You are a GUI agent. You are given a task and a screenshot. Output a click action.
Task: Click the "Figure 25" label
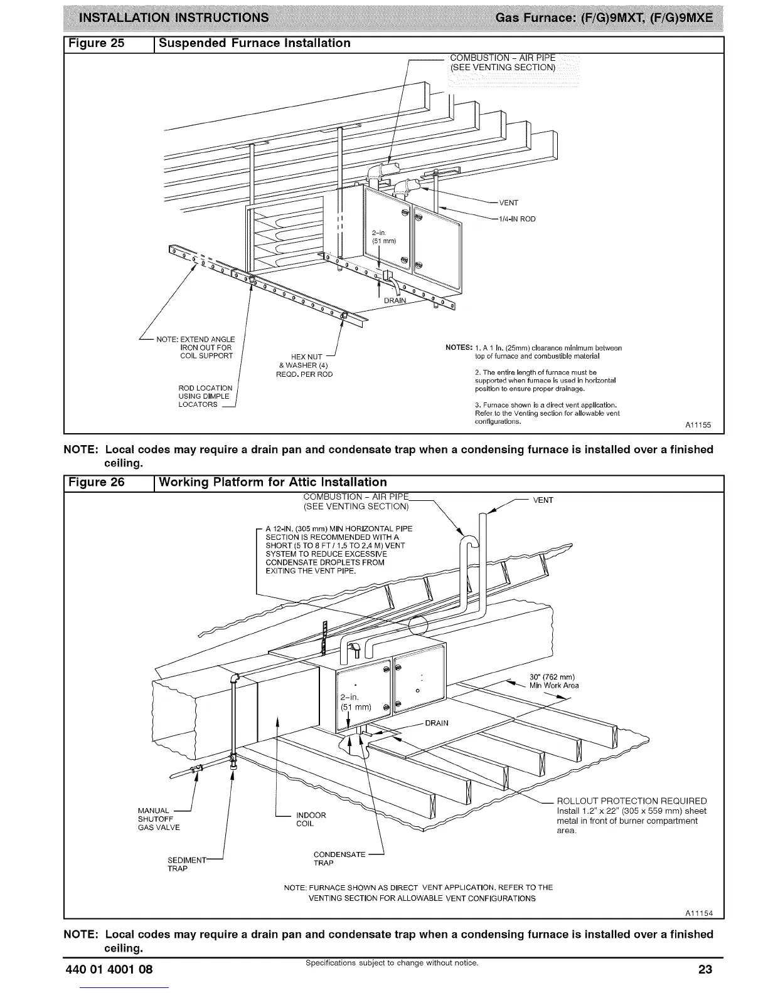tap(100, 43)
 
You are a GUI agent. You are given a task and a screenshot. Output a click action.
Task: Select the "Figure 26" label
tap(100, 482)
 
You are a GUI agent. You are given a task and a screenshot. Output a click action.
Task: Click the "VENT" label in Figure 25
tap(508, 202)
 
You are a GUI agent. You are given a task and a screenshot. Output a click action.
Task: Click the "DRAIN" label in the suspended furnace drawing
tap(395, 300)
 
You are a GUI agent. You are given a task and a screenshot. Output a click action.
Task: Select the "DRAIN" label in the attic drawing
tap(437, 723)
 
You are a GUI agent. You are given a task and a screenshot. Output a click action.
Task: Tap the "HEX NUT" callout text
tap(307, 357)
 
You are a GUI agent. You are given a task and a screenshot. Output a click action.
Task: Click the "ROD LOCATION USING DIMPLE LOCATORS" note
tap(205, 396)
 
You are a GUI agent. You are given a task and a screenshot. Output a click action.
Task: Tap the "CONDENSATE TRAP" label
tap(339, 859)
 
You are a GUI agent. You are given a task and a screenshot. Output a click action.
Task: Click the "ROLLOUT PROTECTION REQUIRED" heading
tap(631, 801)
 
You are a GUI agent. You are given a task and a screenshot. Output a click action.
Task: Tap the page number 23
tap(705, 970)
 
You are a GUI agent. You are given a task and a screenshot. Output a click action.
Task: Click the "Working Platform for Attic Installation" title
tap(273, 482)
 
